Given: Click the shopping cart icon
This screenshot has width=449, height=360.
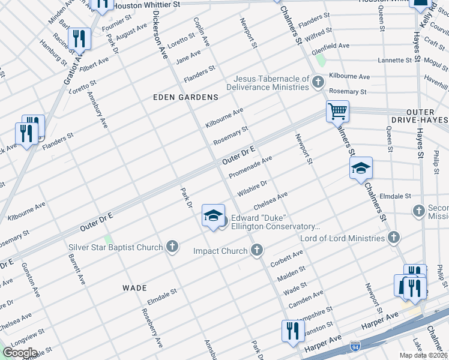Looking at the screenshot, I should pyautogui.click(x=337, y=111).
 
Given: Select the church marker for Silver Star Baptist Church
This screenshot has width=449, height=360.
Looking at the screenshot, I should pyautogui.click(x=172, y=247).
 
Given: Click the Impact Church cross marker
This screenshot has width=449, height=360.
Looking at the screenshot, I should pyautogui.click(x=257, y=250).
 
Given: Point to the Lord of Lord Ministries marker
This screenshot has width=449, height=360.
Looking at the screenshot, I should pyautogui.click(x=393, y=238).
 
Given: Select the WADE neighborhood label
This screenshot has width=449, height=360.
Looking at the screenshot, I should pyautogui.click(x=134, y=288).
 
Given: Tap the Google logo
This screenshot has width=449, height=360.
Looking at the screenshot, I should pyautogui.click(x=20, y=353).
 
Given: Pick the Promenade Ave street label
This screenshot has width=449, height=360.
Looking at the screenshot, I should pyautogui.click(x=251, y=167).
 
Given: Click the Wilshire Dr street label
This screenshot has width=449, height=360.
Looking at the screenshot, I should pyautogui.click(x=252, y=188).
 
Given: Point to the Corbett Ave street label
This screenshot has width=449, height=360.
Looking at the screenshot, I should pyautogui.click(x=287, y=259).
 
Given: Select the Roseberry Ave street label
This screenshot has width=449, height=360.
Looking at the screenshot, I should pyautogui.click(x=152, y=328).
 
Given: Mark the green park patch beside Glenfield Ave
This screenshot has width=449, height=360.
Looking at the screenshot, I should pyautogui.click(x=321, y=60).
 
